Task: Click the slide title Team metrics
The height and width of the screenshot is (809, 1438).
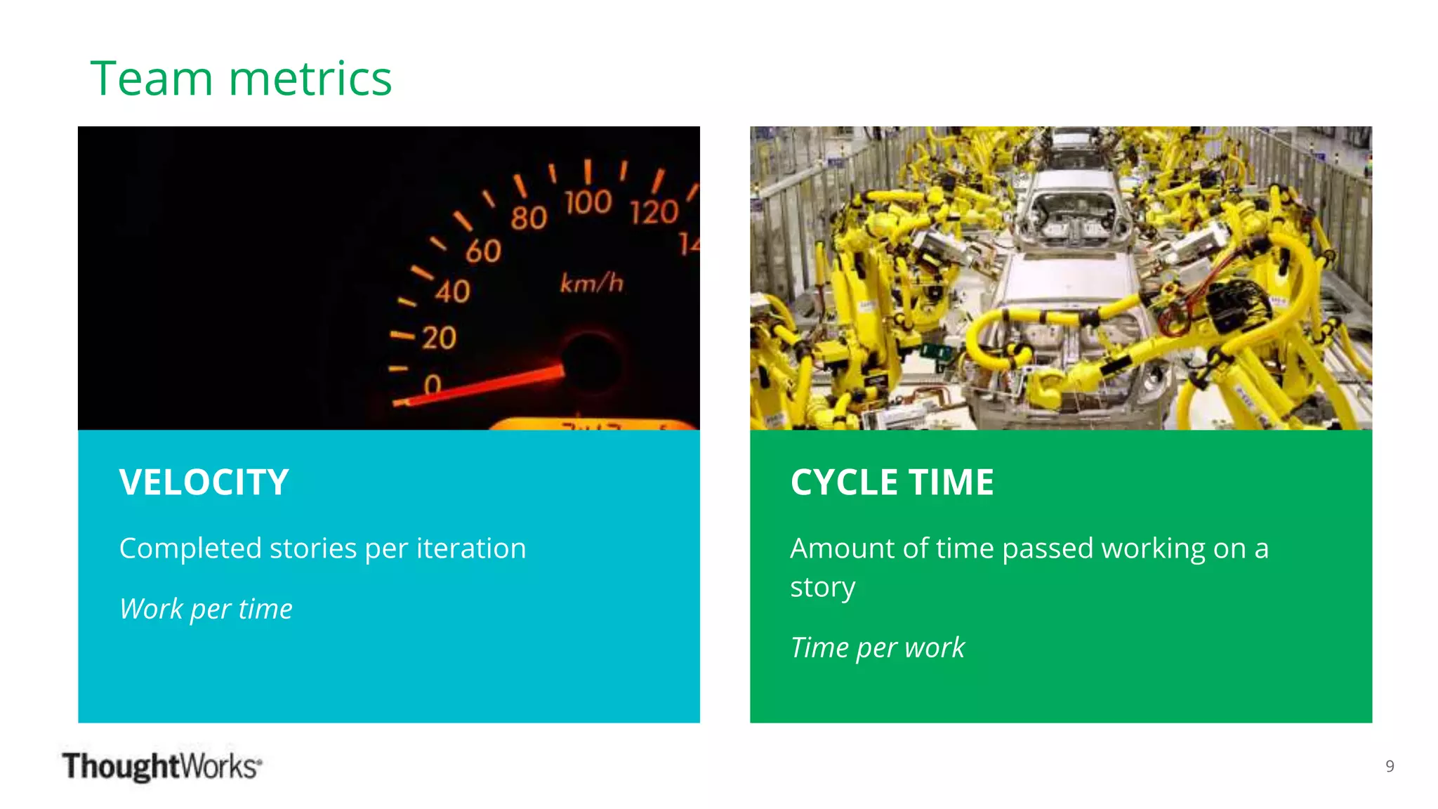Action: [x=241, y=78]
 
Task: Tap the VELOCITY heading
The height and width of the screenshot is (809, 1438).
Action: [x=204, y=482]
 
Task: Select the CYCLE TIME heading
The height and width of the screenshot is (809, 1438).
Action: [x=892, y=482]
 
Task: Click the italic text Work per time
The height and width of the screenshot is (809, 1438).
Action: [x=206, y=609]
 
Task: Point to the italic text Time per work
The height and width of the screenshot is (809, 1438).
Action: [x=877, y=647]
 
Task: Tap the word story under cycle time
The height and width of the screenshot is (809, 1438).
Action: [x=822, y=588]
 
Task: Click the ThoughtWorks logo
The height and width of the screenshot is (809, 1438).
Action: [x=161, y=765]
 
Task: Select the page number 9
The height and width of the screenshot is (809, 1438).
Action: [x=1390, y=766]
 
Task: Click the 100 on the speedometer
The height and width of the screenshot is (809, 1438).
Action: [x=588, y=202]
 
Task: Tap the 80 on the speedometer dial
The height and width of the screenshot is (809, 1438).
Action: [x=529, y=218]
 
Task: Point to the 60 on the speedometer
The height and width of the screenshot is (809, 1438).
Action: [x=483, y=251]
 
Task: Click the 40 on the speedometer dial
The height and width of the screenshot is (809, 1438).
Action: [x=452, y=291]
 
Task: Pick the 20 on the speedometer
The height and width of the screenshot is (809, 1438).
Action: [x=439, y=338]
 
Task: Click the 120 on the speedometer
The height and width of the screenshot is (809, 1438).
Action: [x=654, y=212]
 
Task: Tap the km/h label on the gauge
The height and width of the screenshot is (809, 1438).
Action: [x=591, y=283]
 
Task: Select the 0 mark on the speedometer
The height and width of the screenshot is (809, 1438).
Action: [x=433, y=383]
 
